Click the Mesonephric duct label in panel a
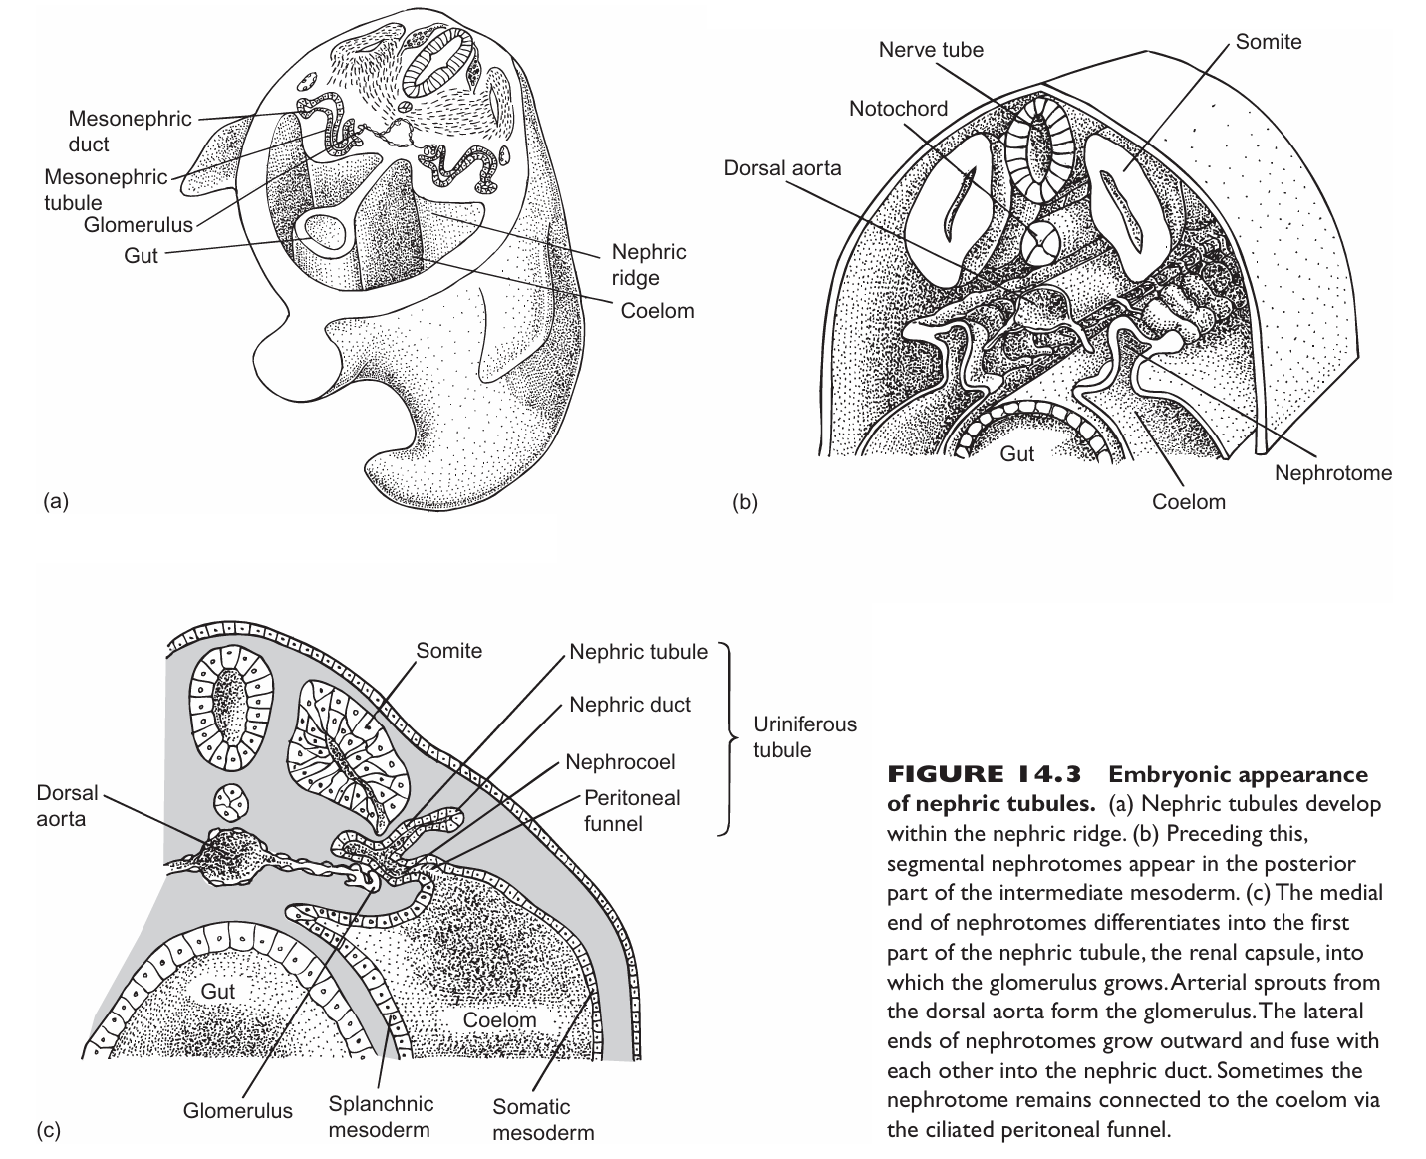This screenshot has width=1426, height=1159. coord(130,132)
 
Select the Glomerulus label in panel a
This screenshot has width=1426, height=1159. coord(138,225)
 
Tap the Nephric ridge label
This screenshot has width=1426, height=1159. coord(649,265)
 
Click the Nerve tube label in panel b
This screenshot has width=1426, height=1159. coord(930,50)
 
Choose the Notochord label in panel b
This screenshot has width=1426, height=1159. coord(898,109)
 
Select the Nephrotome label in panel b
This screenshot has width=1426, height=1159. coord(1332,472)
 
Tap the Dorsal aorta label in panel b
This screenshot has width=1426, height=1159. coord(782,168)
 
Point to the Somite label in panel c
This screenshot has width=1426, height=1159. coord(448,651)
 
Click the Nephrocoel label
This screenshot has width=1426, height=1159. coord(620,762)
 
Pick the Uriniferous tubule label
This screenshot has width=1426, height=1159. coord(804,737)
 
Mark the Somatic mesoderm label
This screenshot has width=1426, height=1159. coord(543,1119)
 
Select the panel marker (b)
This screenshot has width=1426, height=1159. coord(744,502)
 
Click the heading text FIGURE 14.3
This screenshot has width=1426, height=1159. coord(986,775)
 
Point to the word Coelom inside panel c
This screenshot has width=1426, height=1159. coord(499,1020)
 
